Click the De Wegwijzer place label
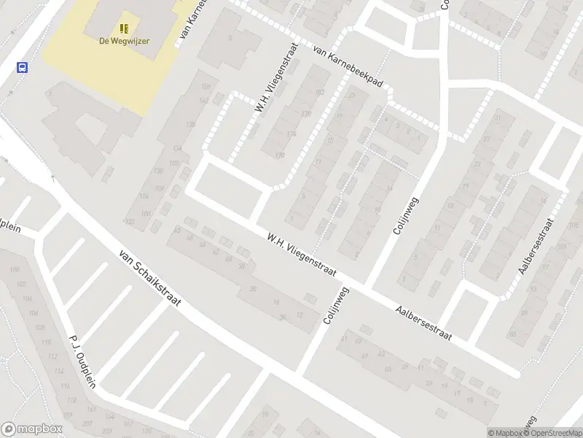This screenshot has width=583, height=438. (x=125, y=41)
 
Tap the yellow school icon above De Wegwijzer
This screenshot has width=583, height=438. (x=125, y=28)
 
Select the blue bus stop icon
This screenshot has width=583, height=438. (x=23, y=67)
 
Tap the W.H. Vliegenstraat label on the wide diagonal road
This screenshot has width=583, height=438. (x=300, y=255)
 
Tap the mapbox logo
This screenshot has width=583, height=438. (x=31, y=429)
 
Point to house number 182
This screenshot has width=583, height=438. (x=320, y=92)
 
